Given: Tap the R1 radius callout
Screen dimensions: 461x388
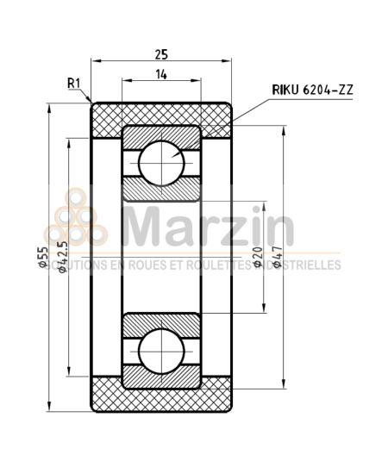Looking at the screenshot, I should tap(74, 83).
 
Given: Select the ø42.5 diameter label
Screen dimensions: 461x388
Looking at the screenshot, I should tap(61, 259).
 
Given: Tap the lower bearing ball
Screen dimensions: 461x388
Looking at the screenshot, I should tap(161, 348).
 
